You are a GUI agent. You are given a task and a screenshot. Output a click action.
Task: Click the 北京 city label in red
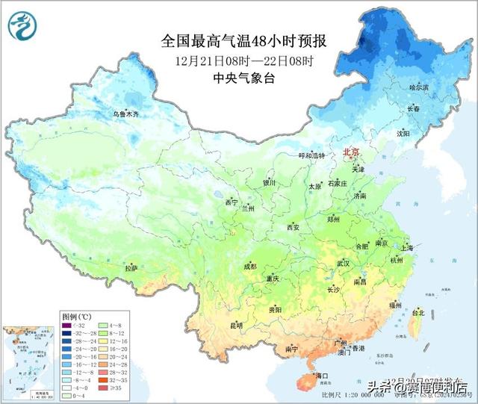[x=350, y=152]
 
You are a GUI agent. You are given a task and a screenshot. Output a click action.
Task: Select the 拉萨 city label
[x=131, y=267]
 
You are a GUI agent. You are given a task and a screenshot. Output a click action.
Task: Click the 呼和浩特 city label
[x=313, y=156]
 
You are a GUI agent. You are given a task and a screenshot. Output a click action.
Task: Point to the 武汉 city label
[x=343, y=264]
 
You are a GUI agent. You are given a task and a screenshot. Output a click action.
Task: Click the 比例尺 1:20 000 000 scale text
[x=347, y=394]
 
